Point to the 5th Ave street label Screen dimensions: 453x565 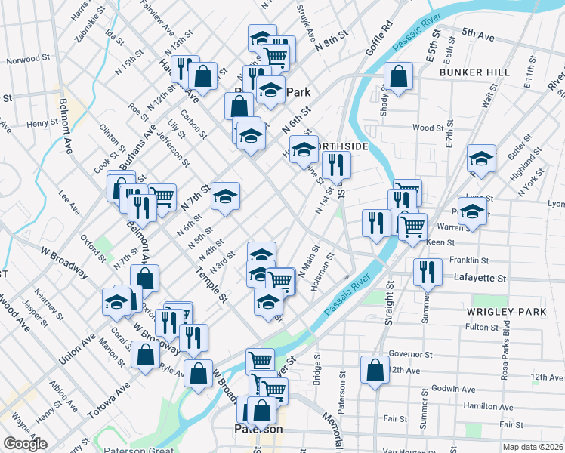[x=477, y=35]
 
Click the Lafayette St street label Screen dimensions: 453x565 [x=480, y=278]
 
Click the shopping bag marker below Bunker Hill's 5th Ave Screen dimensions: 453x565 [x=398, y=76]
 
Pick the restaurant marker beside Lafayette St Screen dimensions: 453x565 [x=428, y=271]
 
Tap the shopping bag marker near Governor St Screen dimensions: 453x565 [x=375, y=369]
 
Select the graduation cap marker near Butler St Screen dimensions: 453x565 [x=480, y=159]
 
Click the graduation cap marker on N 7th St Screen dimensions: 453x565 [x=225, y=196]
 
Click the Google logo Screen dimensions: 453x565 [x=26, y=444]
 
